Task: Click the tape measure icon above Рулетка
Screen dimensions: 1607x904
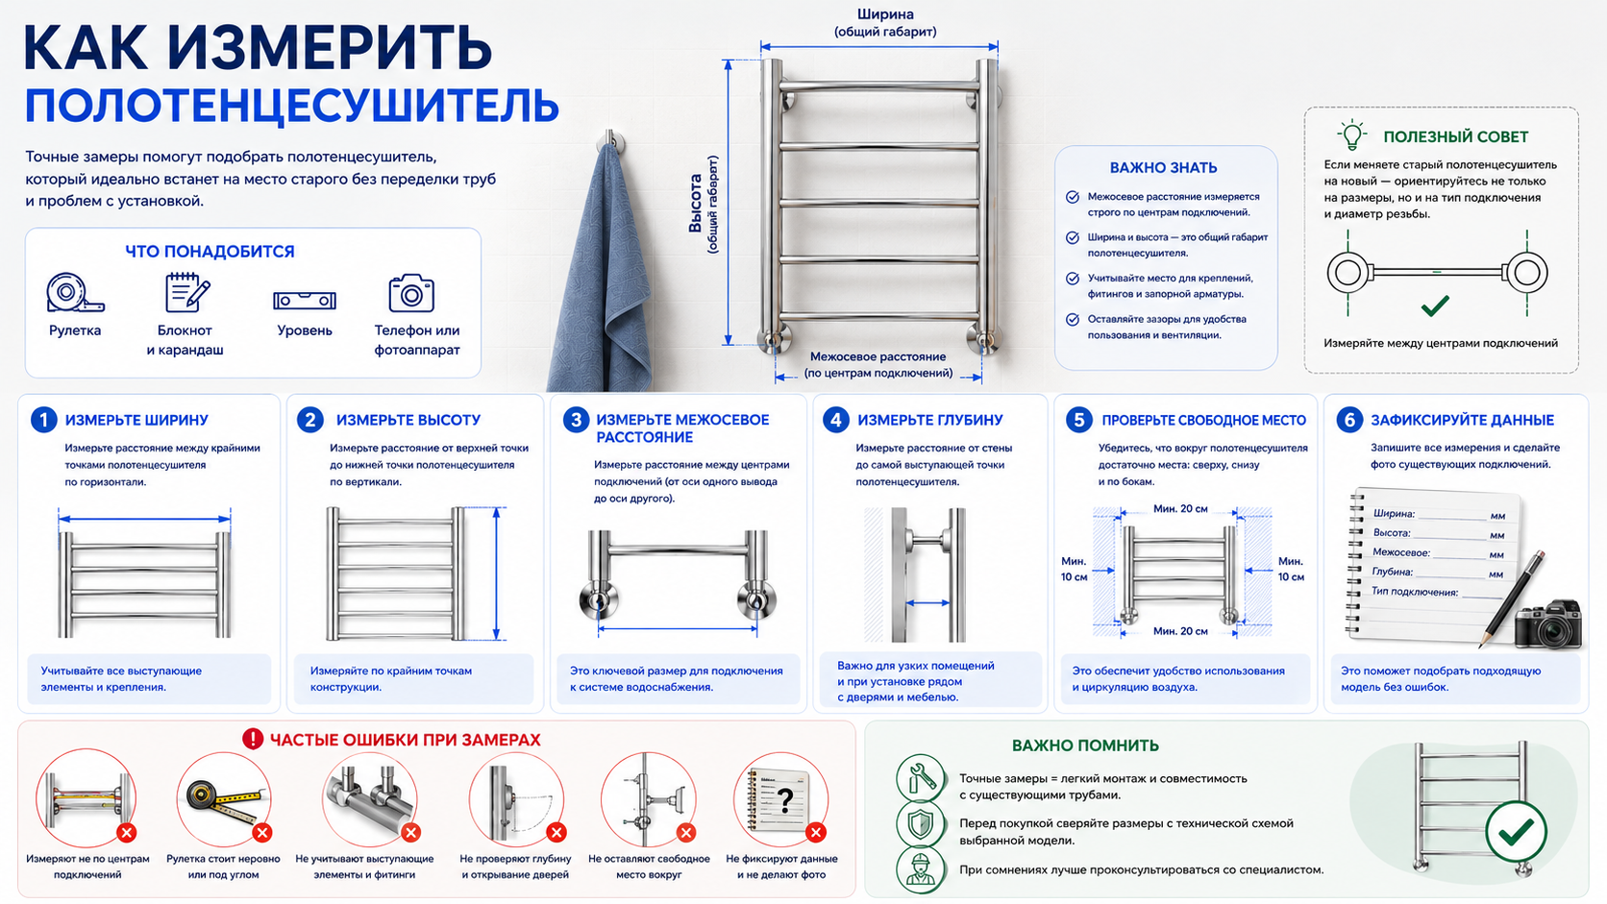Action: point(75,292)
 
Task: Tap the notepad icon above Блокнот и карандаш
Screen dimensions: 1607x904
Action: point(186,292)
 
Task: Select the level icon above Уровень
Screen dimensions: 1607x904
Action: point(305,300)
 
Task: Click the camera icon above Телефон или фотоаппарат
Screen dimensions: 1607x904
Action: point(411,292)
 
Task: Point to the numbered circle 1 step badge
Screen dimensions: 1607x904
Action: point(44,420)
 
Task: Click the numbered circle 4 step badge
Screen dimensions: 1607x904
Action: point(836,420)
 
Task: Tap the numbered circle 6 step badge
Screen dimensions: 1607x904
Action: point(1349,420)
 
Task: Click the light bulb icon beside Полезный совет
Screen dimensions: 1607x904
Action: point(1351,134)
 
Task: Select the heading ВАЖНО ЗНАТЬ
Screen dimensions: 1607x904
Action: point(1164,168)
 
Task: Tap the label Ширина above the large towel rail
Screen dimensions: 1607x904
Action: point(885,14)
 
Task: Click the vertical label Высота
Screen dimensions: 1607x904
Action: point(695,203)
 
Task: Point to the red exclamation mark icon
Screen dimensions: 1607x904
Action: point(253,739)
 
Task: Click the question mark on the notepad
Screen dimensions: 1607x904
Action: point(785,800)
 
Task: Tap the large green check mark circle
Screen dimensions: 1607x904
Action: point(1516,831)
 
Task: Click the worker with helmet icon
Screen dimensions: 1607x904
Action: point(920,869)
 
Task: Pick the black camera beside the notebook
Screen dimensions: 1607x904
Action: point(1549,623)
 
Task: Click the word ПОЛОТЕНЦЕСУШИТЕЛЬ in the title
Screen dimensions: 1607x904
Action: point(292,106)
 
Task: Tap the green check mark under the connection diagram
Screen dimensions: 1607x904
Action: point(1435,306)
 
